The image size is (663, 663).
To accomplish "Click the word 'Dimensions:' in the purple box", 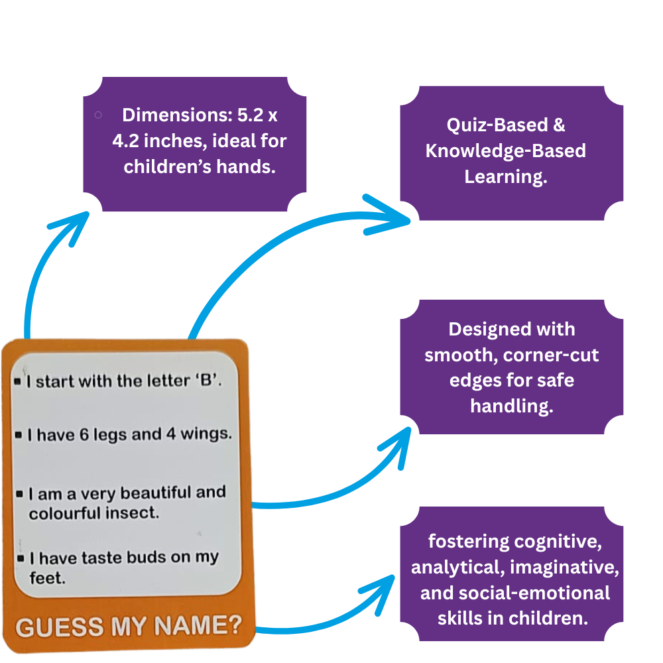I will click(168, 115).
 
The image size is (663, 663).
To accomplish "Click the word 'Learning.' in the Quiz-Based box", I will click(505, 176).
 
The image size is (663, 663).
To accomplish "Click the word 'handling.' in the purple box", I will click(511, 406).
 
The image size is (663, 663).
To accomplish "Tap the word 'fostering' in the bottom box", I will click(469, 542).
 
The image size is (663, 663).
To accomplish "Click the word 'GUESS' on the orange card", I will click(59, 627).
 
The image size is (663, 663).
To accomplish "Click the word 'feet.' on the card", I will click(47, 577).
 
